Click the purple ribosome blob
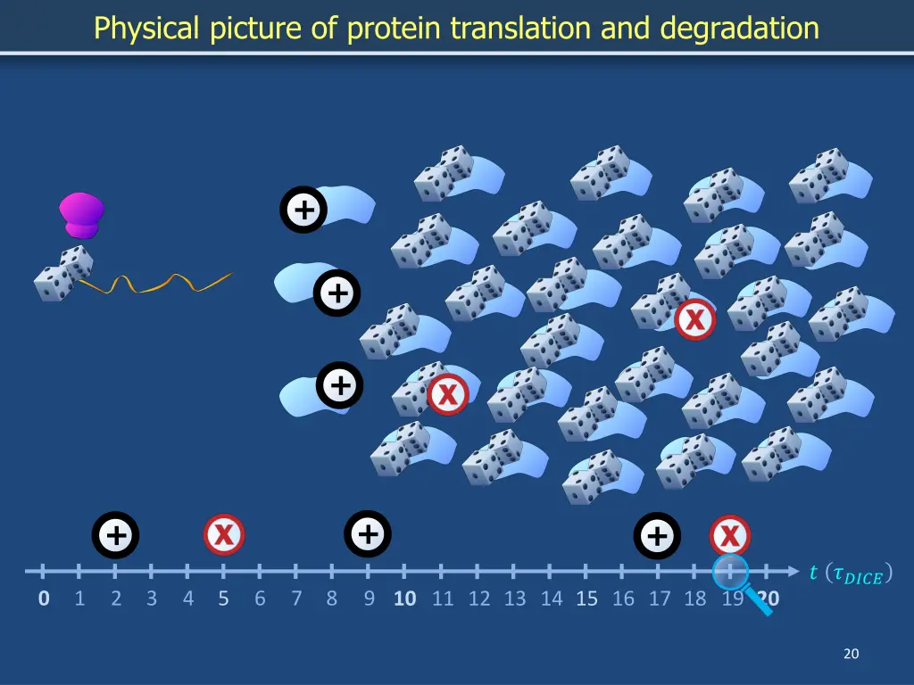tap(81, 215)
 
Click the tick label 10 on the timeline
tap(404, 598)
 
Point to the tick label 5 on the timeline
tap(223, 598)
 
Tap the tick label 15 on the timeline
tap(586, 598)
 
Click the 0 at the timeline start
tap(44, 598)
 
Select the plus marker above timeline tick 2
tap(115, 535)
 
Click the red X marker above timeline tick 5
tap(224, 535)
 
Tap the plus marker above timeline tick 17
tap(657, 536)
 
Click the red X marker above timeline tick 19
tap(730, 536)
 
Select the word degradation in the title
tap(739, 29)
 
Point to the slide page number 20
tap(851, 654)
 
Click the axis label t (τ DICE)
tap(850, 574)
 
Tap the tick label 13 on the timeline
tap(515, 598)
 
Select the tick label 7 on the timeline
tap(296, 598)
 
